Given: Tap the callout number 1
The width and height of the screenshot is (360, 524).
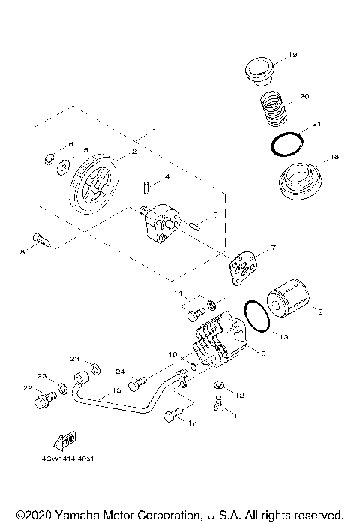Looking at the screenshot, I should tap(154, 131).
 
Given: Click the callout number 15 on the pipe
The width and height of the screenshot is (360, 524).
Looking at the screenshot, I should tap(116, 390).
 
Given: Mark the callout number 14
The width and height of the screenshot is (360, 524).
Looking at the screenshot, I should tap(178, 292).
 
